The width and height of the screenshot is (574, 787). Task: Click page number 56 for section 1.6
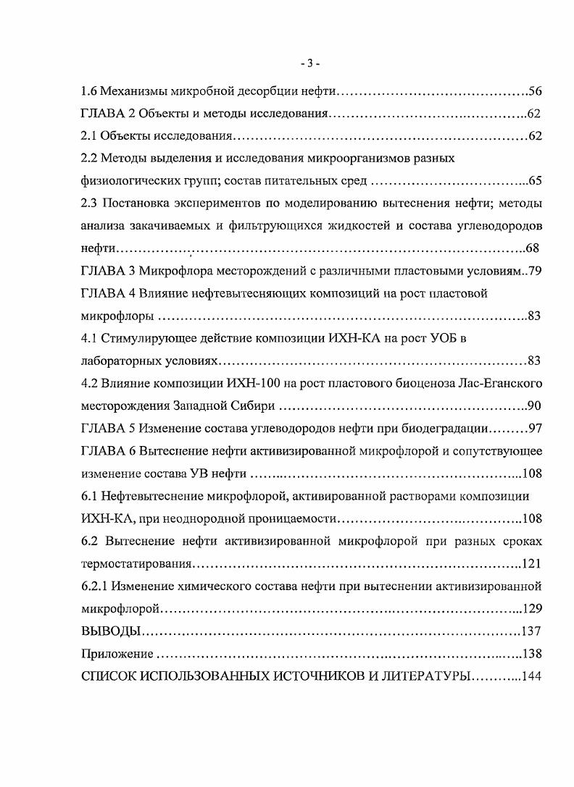coord(536,91)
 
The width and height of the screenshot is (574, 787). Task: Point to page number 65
coord(536,180)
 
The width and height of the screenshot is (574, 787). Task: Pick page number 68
coord(532,248)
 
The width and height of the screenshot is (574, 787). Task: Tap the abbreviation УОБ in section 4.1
coord(438,338)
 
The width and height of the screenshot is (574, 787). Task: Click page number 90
coord(536,405)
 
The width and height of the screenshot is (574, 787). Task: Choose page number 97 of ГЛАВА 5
coord(536,428)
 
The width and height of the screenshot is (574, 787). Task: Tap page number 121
coord(531,563)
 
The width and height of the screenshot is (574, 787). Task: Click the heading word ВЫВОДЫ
coord(109,631)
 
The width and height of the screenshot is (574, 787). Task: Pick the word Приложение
coord(116,654)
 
